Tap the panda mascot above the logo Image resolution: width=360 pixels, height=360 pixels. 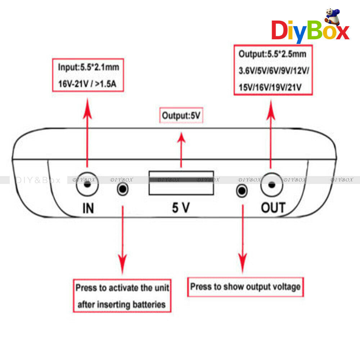[x=332, y=17]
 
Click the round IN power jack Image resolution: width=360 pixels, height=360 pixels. [x=87, y=184]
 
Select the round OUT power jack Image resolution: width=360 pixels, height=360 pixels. [x=271, y=185]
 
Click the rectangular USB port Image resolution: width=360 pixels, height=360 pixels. [x=181, y=183]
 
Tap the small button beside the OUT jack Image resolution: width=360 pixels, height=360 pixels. [x=242, y=191]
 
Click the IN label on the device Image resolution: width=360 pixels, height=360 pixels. [x=88, y=208]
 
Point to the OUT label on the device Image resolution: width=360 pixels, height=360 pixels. [x=273, y=208]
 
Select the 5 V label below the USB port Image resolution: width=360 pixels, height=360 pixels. [x=181, y=208]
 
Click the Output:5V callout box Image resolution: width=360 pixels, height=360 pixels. [x=181, y=115]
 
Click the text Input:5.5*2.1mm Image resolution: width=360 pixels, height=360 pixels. [x=89, y=67]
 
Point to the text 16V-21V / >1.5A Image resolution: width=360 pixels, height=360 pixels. [x=87, y=84]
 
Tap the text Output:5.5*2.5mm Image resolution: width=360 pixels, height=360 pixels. [x=273, y=54]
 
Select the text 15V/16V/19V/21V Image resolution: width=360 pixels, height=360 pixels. [x=270, y=87]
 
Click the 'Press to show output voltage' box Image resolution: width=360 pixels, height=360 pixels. [x=246, y=287]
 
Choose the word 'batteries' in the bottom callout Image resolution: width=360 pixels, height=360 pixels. [x=149, y=305]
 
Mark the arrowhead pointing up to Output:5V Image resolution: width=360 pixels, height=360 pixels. [x=181, y=139]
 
